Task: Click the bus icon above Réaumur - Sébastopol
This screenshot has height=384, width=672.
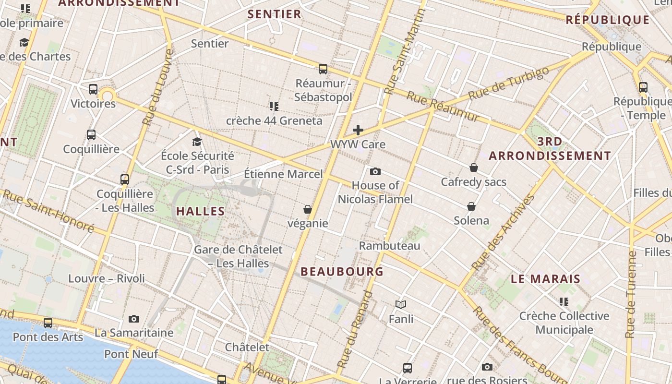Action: click(323, 69)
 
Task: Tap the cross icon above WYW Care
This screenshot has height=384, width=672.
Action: click(358, 130)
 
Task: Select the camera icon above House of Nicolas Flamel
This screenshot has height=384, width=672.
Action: click(375, 171)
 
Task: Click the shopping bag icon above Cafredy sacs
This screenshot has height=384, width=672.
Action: click(474, 168)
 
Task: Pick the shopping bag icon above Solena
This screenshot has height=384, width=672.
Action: click(471, 206)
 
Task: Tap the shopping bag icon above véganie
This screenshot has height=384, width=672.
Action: click(307, 209)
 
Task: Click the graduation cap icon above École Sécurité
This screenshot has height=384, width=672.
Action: click(197, 142)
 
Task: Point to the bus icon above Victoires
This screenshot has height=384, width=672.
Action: click(93, 89)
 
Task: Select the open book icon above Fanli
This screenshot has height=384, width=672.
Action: click(401, 304)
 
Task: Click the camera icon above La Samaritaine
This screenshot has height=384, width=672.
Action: click(134, 319)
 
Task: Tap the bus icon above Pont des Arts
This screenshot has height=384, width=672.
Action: click(48, 323)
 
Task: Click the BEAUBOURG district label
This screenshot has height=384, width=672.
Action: click(342, 272)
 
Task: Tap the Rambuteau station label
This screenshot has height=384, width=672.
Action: click(390, 246)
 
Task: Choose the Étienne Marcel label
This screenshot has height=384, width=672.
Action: click(283, 174)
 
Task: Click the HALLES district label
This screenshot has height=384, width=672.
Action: click(201, 211)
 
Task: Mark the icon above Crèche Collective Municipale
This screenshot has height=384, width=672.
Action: click(564, 302)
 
